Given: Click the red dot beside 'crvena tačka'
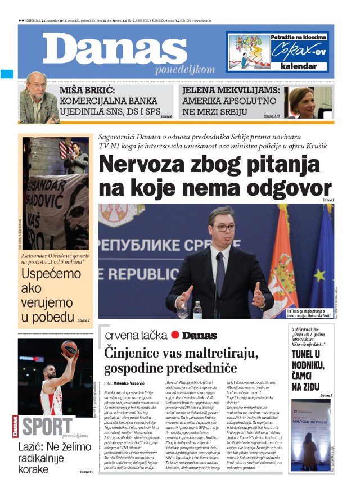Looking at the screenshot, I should click(174, 335).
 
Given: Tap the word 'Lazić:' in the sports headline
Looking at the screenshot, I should click(33, 448).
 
